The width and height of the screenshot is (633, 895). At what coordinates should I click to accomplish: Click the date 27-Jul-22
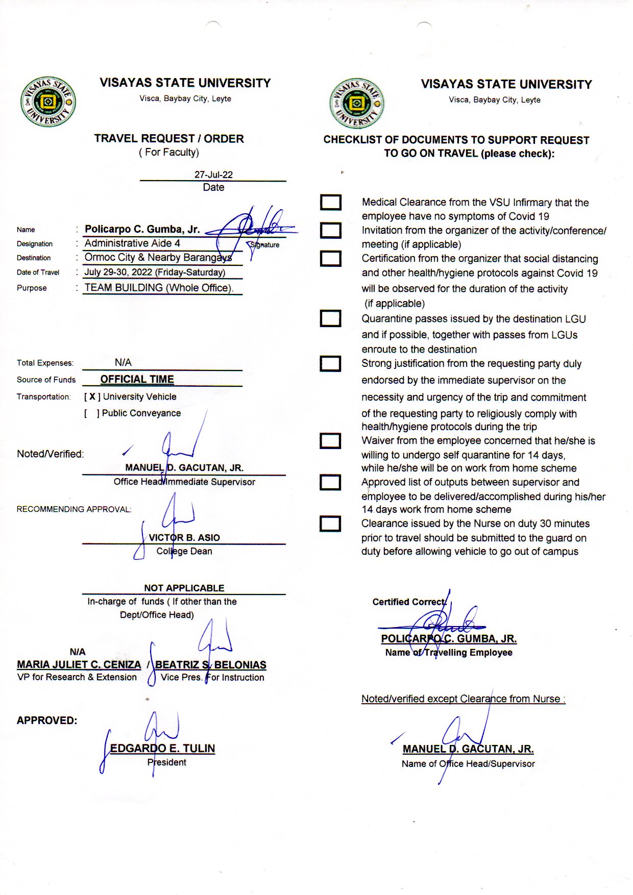point(213,175)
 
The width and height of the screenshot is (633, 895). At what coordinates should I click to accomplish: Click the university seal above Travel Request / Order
point(48,102)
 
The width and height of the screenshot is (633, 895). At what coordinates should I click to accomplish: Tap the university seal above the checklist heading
point(357,104)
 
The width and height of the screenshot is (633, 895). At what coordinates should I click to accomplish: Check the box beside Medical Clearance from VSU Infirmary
point(331,203)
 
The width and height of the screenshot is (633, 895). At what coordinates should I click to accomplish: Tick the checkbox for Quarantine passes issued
point(330,318)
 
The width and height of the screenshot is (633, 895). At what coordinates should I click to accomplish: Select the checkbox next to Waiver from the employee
point(330,440)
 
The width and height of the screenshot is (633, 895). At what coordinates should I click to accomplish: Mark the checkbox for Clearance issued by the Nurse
point(330,524)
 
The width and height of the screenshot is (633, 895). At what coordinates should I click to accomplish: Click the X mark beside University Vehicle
point(92,396)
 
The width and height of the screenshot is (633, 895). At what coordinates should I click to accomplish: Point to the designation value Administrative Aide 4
point(132,243)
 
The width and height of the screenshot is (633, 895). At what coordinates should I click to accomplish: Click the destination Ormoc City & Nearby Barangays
point(158,258)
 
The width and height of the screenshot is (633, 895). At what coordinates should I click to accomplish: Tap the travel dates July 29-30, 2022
point(155,272)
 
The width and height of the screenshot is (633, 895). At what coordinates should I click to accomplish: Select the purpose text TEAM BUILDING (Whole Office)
point(159,288)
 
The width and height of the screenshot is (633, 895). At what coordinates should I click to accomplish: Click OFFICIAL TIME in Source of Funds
point(137,379)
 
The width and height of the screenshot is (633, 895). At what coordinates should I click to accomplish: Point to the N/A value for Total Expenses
point(123,362)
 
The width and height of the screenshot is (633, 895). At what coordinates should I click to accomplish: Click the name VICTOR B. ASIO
point(184,537)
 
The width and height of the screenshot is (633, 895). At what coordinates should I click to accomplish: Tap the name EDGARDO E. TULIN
point(162,749)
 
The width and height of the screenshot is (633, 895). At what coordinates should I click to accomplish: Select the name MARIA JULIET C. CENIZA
point(79,664)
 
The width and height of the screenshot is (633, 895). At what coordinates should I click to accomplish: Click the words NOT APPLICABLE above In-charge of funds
point(184,588)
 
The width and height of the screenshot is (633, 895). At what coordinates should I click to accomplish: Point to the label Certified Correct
point(409,602)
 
